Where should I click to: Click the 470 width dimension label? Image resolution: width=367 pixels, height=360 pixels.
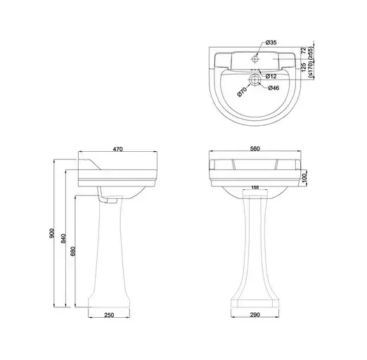click(x=117, y=149)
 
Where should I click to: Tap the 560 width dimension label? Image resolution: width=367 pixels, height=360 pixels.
click(x=255, y=148)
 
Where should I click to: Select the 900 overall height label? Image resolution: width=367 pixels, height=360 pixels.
click(x=52, y=233)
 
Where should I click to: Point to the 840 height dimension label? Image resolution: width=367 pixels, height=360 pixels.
click(x=63, y=238)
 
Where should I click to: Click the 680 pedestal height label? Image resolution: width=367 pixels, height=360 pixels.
click(x=72, y=251)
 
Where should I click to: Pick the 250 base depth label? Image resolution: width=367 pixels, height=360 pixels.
click(x=109, y=315)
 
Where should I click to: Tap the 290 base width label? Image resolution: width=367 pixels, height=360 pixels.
click(x=255, y=314)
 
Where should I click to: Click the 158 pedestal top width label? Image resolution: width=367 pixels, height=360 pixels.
click(x=255, y=187)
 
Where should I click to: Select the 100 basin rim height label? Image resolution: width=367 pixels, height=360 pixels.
click(x=304, y=178)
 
